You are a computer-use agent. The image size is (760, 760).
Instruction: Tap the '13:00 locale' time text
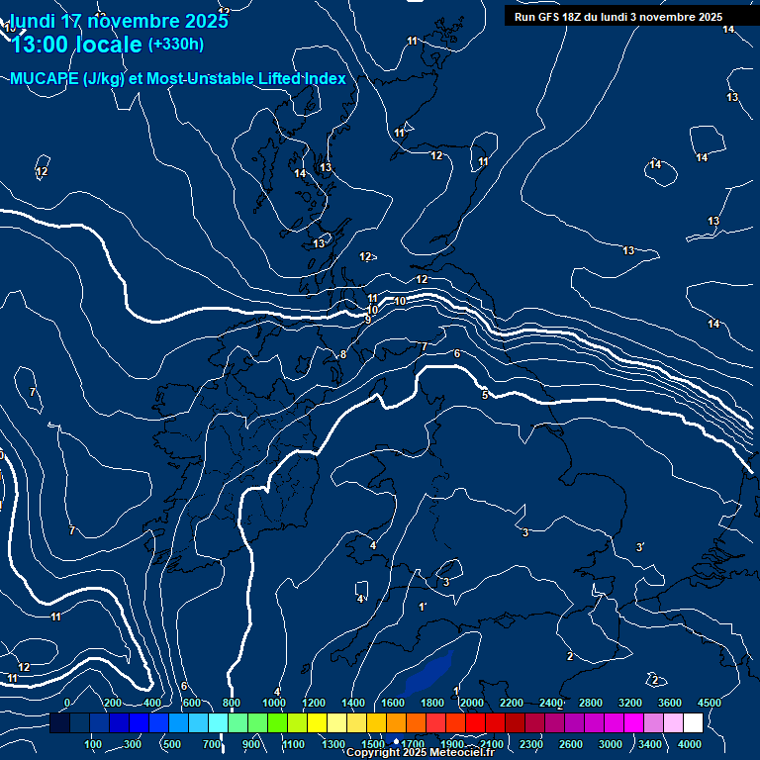76,45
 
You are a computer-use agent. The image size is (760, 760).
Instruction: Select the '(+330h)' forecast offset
176,45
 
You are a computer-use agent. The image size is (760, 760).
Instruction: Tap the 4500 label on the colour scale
709,703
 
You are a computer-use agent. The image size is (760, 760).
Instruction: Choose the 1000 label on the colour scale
274,703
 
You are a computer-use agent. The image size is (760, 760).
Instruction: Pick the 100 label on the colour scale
94,744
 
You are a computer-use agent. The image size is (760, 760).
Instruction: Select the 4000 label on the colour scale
690,744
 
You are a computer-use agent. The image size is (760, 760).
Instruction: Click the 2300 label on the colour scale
530,744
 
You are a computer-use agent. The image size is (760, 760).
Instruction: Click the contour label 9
367,320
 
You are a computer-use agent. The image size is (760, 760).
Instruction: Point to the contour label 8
343,354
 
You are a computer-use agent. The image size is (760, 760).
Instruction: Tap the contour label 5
484,396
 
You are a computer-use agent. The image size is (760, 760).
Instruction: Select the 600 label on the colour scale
192,703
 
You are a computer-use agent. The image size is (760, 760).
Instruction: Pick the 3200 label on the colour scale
629,703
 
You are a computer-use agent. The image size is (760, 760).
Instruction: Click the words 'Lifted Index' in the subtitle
296,79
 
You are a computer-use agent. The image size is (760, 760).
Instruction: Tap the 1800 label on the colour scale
431,703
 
